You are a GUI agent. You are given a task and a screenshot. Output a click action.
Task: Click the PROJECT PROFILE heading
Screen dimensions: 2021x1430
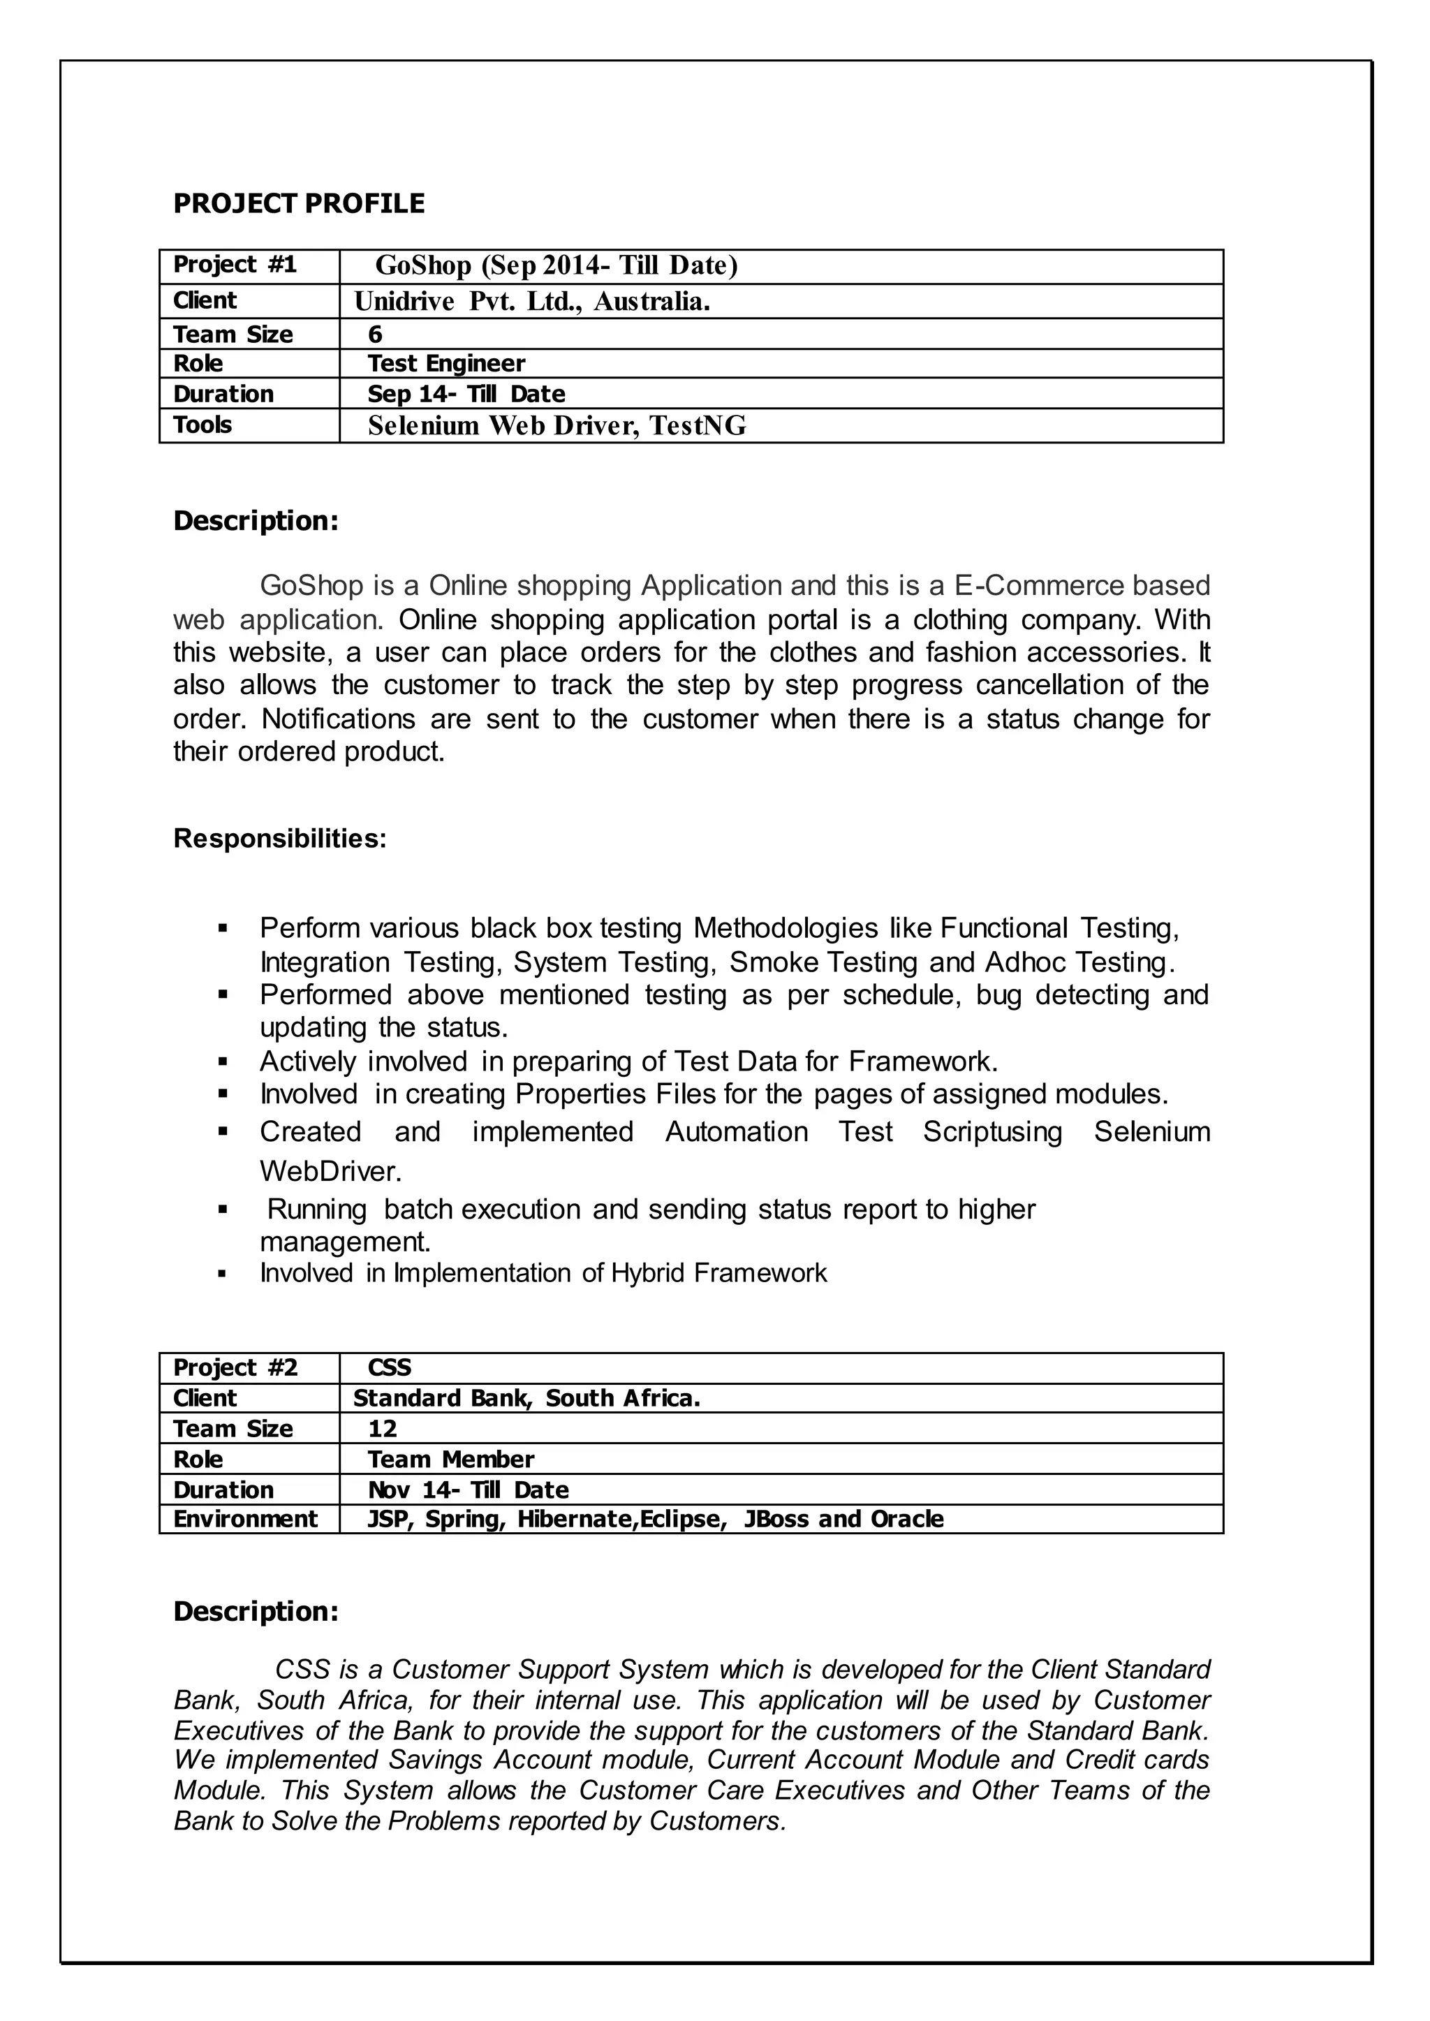(299, 203)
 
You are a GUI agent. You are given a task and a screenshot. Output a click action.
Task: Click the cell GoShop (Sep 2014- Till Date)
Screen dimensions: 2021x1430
(556, 265)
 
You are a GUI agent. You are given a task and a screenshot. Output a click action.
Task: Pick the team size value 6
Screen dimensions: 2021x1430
(375, 334)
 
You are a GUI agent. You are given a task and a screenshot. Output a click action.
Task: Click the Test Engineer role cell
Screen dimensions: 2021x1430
(445, 363)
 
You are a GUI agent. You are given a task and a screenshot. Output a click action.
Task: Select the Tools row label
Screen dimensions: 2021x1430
(202, 425)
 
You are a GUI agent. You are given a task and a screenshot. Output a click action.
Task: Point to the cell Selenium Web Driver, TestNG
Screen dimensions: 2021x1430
(556, 426)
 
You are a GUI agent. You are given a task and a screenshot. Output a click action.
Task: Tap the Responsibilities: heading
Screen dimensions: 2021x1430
(280, 838)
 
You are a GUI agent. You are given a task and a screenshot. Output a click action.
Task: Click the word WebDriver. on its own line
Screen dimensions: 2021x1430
(330, 1171)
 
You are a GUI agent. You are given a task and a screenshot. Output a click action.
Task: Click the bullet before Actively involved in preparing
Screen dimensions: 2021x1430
(223, 1061)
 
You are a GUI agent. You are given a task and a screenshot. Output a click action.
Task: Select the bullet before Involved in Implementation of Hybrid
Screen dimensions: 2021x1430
(223, 1273)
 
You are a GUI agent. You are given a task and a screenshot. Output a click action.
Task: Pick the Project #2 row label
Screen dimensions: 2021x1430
(235, 1367)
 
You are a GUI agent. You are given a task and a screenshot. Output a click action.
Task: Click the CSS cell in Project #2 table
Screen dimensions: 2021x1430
(389, 1367)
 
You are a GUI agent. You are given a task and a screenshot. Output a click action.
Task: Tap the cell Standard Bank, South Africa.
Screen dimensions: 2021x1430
(526, 1398)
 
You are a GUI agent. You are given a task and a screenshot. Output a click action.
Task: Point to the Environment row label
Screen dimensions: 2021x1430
(245, 1519)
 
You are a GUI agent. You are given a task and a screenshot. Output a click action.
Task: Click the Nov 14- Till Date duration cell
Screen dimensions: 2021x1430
(468, 1490)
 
